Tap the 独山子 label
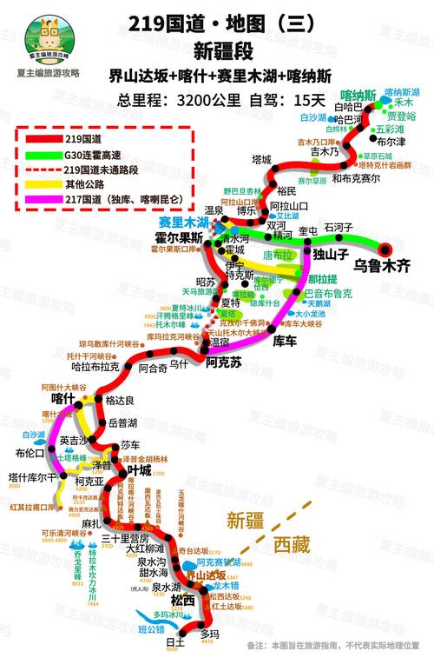[x=331, y=255]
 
